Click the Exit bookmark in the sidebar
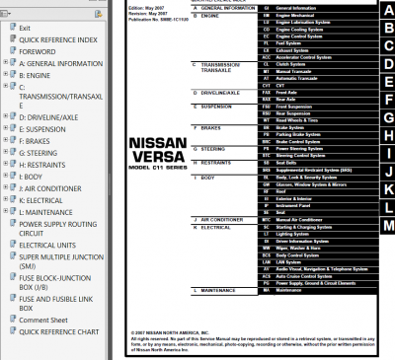point(25,28)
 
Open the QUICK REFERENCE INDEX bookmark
point(58,39)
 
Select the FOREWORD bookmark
point(39,51)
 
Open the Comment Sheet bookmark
point(43,320)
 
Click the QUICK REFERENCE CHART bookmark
point(60,331)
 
